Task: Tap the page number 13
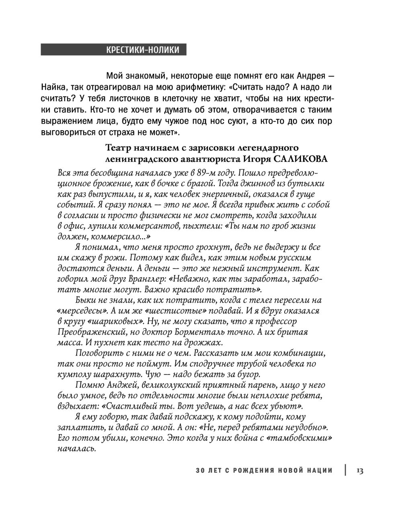[359, 471]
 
